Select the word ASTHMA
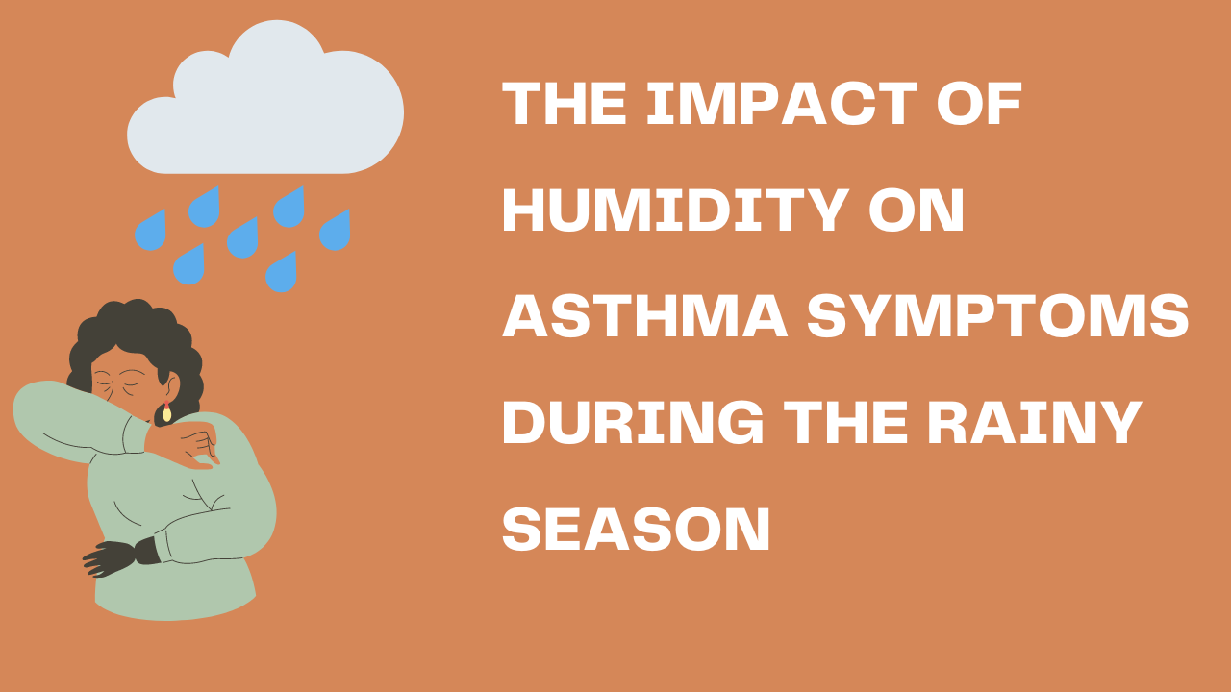(645, 315)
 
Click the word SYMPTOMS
(998, 315)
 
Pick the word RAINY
(1034, 422)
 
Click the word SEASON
(637, 528)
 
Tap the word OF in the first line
(979, 103)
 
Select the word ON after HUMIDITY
(917, 210)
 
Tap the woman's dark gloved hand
(118, 556)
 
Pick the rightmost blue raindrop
(336, 230)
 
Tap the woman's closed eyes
(121, 384)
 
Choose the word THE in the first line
(565, 103)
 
